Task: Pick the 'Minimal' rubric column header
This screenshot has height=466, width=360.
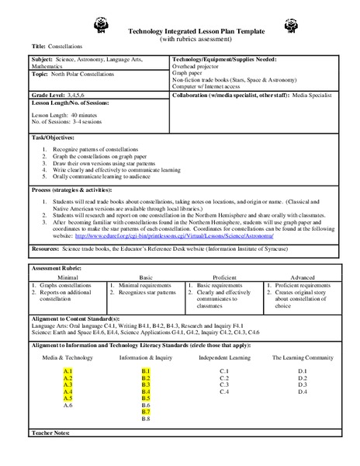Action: (x=67, y=276)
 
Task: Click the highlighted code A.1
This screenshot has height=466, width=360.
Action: (x=67, y=371)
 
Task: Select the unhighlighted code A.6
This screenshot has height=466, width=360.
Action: (x=67, y=405)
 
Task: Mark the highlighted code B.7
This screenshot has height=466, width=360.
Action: (x=146, y=412)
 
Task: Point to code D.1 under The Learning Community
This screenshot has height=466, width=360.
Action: (x=303, y=371)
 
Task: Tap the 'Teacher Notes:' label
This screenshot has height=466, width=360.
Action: (x=52, y=431)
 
